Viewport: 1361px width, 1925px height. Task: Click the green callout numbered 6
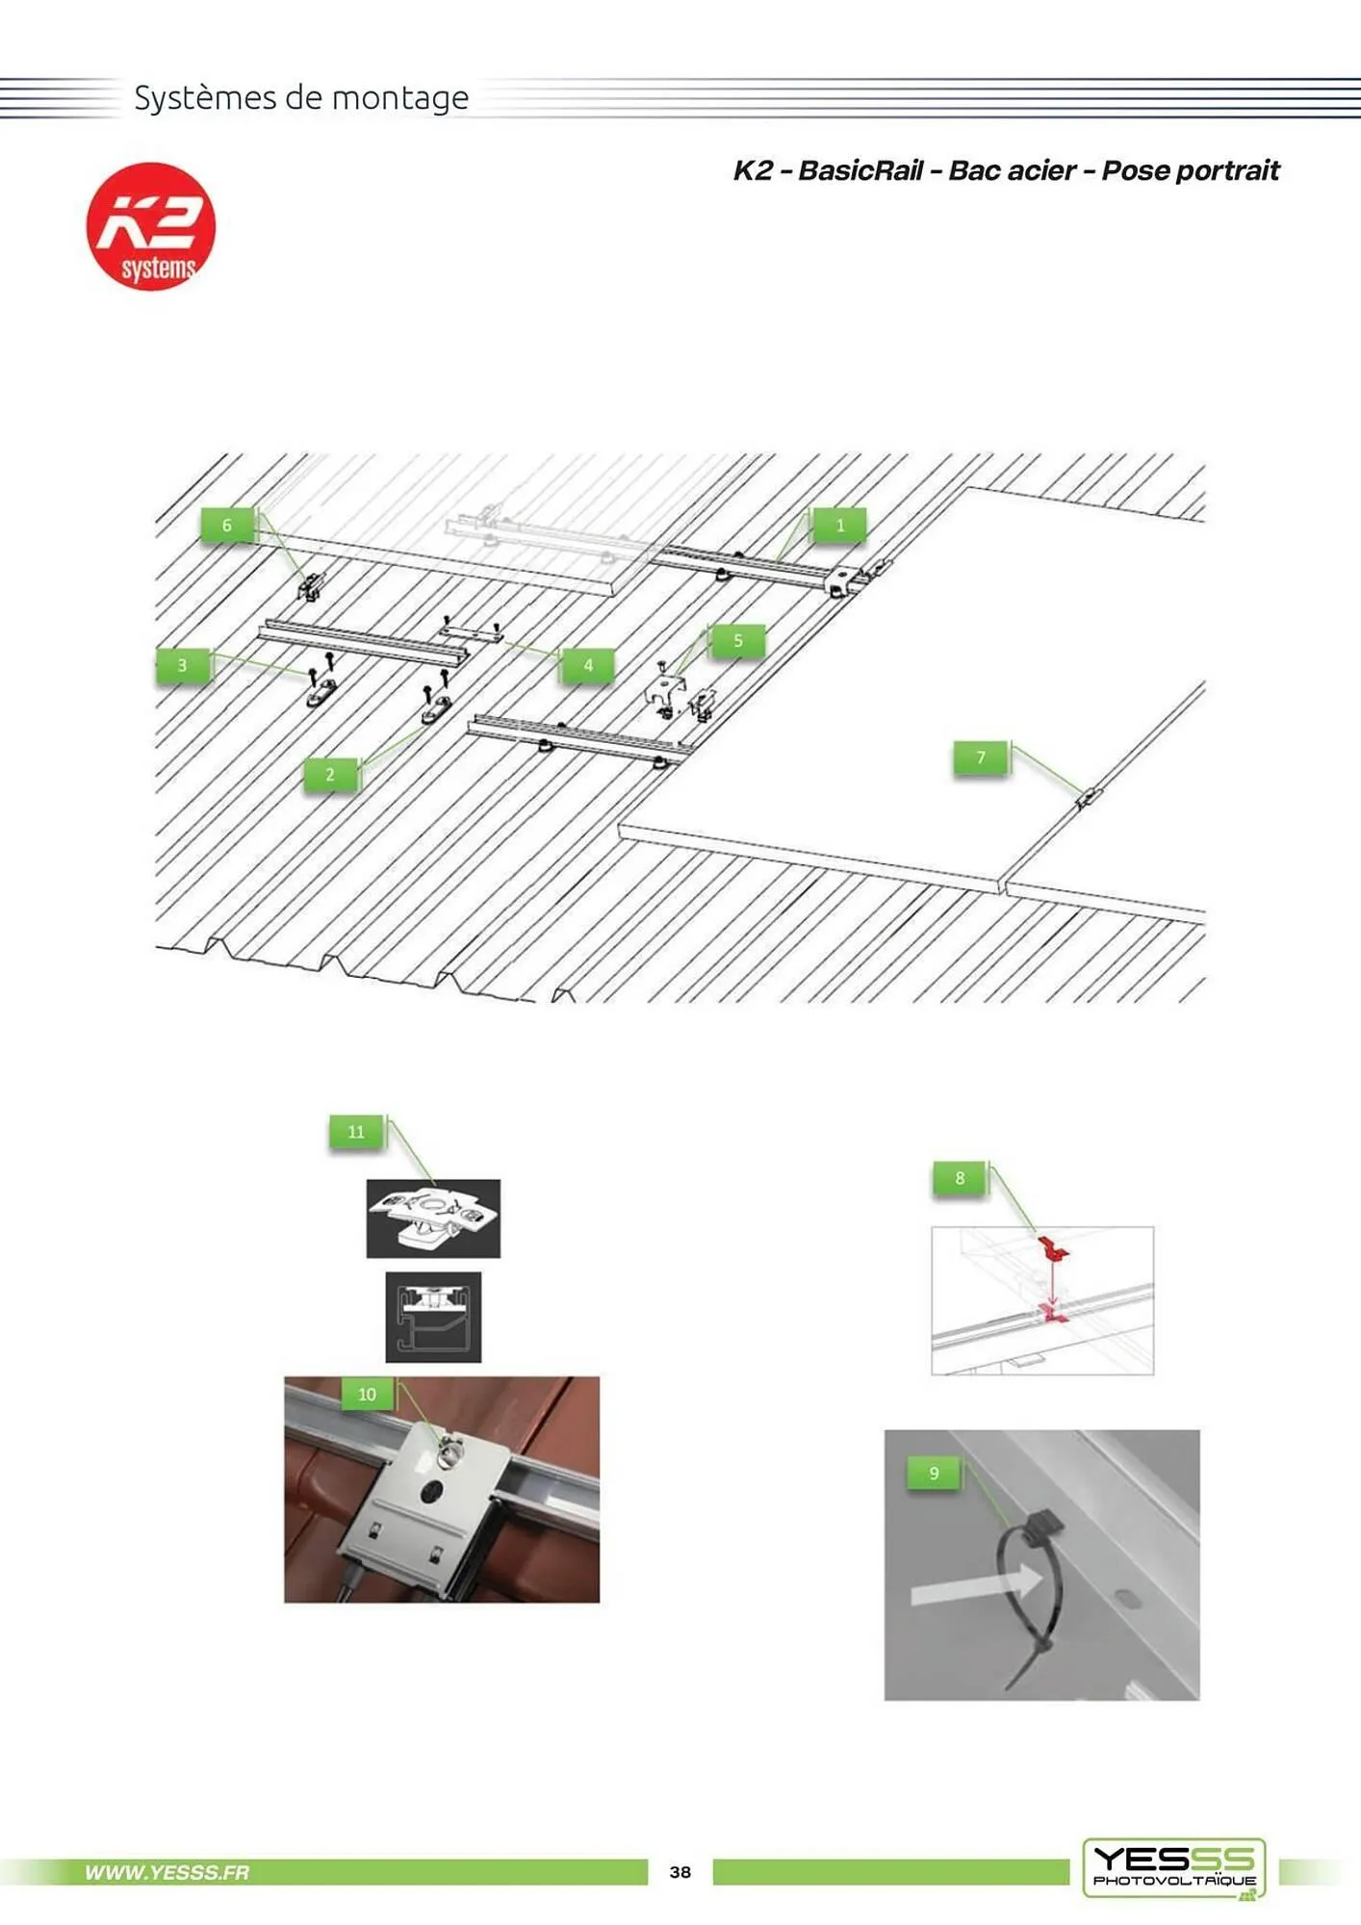[227, 526]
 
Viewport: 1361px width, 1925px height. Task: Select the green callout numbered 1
[839, 526]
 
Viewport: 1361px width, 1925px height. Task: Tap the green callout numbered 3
[182, 665]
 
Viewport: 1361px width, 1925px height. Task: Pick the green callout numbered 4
[588, 665]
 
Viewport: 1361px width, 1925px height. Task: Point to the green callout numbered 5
[738, 641]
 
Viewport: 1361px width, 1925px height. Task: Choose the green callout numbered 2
[330, 775]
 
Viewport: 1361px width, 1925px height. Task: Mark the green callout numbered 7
[981, 757]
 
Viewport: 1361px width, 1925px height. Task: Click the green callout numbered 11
[356, 1132]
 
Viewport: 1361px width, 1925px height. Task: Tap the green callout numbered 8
[960, 1178]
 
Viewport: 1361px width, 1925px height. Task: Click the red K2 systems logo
[151, 226]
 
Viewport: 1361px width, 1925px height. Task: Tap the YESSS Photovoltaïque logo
[1174, 1868]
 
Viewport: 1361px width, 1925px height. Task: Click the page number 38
[680, 1872]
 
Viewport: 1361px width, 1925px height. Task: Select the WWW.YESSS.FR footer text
[167, 1872]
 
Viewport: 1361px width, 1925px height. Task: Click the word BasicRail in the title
[860, 170]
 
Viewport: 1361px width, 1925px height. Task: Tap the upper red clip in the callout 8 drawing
[1054, 1249]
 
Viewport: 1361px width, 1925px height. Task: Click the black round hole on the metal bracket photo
[430, 1493]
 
